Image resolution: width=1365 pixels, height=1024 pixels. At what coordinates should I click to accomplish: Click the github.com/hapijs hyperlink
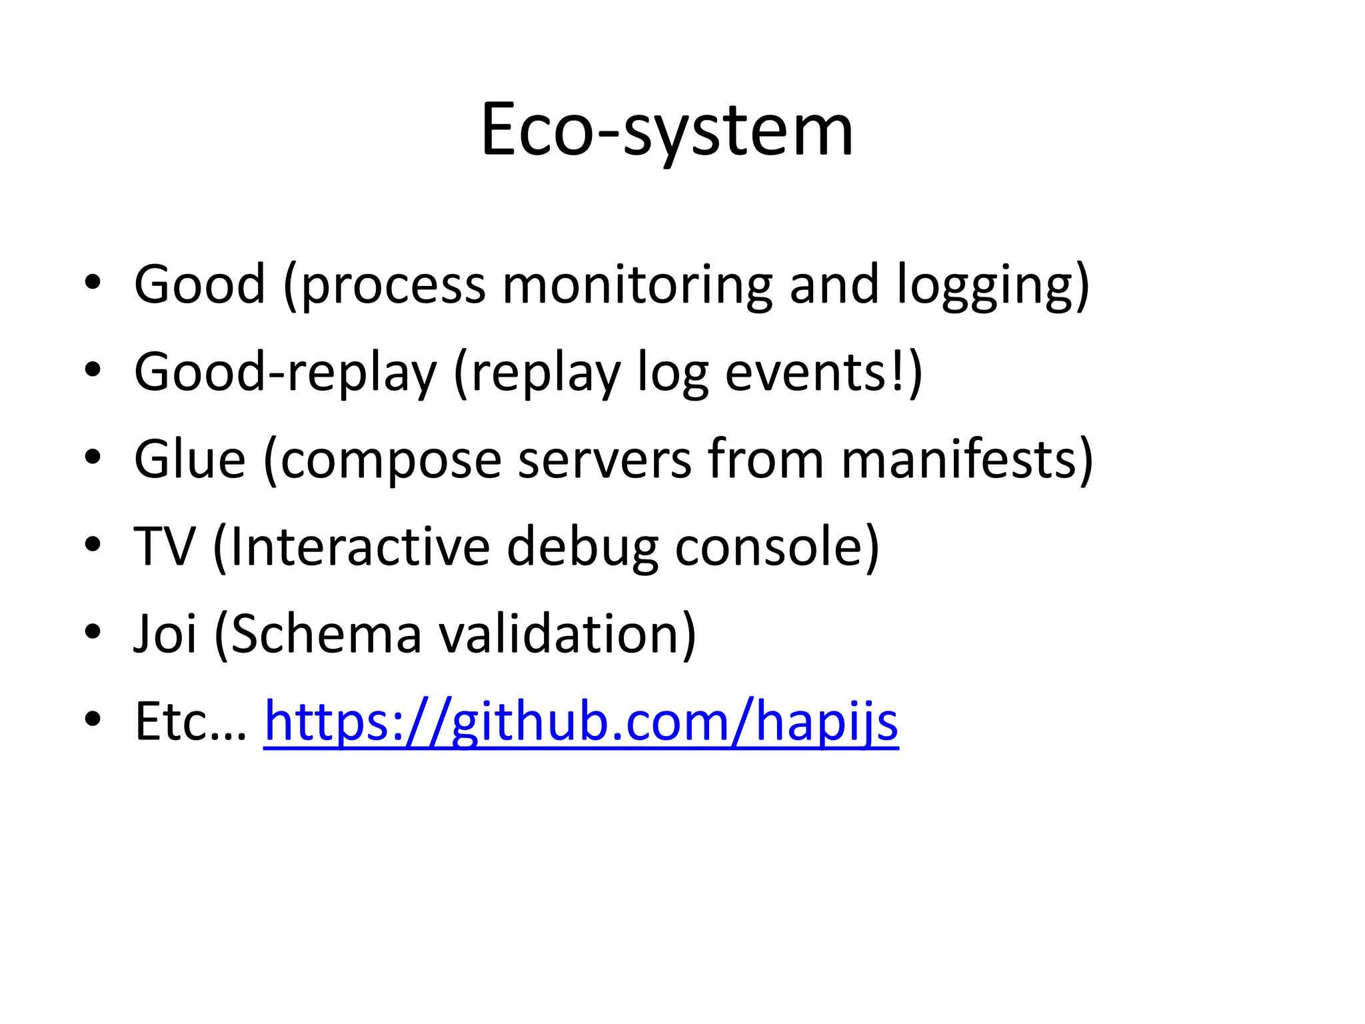pos(581,721)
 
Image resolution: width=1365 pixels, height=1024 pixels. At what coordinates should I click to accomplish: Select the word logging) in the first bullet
pos(992,285)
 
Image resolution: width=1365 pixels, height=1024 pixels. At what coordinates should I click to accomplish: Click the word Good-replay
pos(285,373)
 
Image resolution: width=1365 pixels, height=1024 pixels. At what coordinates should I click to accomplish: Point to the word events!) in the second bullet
pos(823,373)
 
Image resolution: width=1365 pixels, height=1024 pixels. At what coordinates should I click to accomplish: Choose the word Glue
pos(190,459)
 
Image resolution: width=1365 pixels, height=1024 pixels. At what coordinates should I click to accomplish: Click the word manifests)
pos(966,459)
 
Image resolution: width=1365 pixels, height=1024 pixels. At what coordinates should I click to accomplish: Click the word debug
pos(582,547)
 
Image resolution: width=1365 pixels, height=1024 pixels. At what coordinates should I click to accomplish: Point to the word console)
pos(777,547)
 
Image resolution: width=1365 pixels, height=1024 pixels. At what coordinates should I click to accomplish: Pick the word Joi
pos(165,634)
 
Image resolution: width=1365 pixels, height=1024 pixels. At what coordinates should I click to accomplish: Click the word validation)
pos(567,634)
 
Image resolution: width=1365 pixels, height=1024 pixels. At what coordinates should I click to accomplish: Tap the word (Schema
pos(317,634)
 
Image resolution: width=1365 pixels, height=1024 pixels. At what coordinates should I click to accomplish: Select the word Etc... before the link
pos(191,721)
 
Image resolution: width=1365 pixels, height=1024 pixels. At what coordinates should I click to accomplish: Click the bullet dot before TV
pos(93,544)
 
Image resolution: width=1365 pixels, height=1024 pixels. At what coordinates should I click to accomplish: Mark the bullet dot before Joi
pos(93,631)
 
